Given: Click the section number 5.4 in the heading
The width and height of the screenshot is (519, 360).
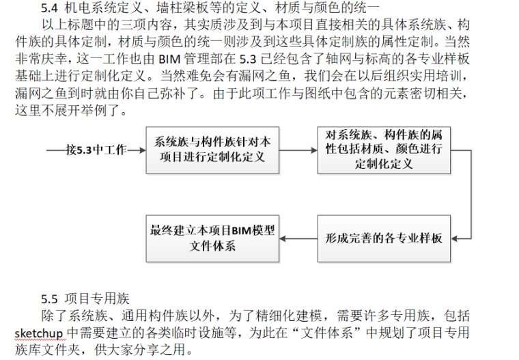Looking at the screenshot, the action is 52,9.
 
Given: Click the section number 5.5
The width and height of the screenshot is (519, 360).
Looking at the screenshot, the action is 52,299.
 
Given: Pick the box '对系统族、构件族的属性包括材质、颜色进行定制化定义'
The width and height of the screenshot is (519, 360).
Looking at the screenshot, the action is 383,149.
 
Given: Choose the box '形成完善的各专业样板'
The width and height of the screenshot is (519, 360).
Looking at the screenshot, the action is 383,238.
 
